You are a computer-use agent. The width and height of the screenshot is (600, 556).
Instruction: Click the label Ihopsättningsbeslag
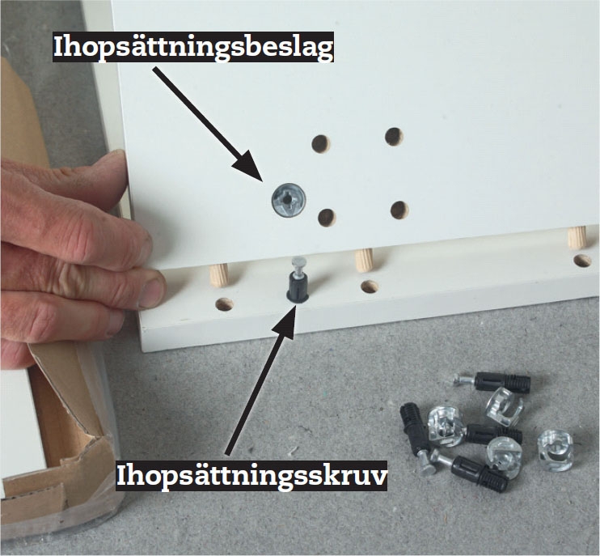click(x=193, y=47)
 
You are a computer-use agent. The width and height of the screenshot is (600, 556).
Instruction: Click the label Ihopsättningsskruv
click(x=251, y=476)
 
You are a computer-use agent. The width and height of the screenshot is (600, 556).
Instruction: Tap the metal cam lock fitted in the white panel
click(x=289, y=199)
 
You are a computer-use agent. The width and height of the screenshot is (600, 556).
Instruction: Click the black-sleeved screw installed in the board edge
click(x=297, y=282)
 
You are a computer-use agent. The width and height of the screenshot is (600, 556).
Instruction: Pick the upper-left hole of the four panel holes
click(x=321, y=143)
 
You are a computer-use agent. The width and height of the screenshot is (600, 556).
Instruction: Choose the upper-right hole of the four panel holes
click(x=394, y=137)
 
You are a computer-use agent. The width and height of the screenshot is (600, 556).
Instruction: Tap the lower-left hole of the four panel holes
click(x=327, y=218)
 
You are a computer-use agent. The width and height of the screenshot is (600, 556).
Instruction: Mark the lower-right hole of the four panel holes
click(x=399, y=210)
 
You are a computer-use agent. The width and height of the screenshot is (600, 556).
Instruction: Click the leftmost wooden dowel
click(x=219, y=275)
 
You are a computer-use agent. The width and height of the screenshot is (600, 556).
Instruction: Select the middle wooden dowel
click(x=364, y=260)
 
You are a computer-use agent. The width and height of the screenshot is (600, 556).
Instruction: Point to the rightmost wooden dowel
click(x=577, y=237)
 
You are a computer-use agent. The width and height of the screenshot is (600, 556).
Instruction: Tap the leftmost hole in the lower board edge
click(x=225, y=304)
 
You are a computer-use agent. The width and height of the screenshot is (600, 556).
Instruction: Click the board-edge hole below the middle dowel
click(x=370, y=286)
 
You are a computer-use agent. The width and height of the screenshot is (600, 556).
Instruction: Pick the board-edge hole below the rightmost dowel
click(x=582, y=261)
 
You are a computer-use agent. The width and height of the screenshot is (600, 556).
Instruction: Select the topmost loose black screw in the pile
click(x=493, y=382)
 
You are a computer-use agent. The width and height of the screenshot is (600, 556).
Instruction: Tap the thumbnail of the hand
click(x=152, y=288)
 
